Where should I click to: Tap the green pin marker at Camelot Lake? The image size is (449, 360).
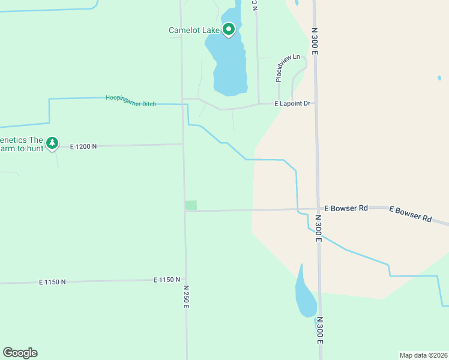228,29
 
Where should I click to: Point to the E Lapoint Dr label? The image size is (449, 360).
292,104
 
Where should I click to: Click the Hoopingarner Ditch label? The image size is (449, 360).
131,101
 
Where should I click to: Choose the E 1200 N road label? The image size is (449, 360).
83,146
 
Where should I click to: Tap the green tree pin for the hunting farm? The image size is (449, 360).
52,143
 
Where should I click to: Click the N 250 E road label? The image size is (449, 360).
186,296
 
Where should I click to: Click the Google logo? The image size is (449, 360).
20,353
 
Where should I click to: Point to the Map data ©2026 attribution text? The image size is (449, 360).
423,355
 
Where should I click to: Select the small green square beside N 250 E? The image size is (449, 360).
191,205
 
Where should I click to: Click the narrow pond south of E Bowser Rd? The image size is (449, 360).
304,294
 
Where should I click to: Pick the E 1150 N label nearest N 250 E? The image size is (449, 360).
167,280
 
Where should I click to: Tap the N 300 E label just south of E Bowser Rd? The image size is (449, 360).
319,230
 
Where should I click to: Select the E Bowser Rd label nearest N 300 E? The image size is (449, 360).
346,208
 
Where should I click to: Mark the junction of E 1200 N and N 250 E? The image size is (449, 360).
183,144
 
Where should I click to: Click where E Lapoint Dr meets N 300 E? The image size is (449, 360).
315,103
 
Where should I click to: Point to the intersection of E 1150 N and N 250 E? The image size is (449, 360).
185,280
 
